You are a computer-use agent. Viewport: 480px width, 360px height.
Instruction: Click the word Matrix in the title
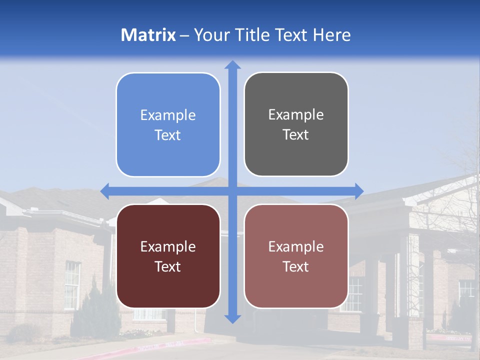(148, 35)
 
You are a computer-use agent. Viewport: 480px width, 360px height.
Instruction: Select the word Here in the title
(331, 35)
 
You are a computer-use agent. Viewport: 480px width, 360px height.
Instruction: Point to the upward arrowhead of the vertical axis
(232, 64)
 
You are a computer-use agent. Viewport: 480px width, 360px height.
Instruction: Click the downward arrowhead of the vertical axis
(232, 318)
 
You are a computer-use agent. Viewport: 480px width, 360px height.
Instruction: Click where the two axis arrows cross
(232, 191)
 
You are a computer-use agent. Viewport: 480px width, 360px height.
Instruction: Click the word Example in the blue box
(168, 115)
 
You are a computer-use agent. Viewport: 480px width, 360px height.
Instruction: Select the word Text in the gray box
(295, 134)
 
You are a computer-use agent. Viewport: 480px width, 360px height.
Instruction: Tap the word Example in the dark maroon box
(168, 246)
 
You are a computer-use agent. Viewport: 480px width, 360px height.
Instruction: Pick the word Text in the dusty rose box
(295, 266)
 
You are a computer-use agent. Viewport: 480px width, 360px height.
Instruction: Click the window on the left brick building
(72, 285)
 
